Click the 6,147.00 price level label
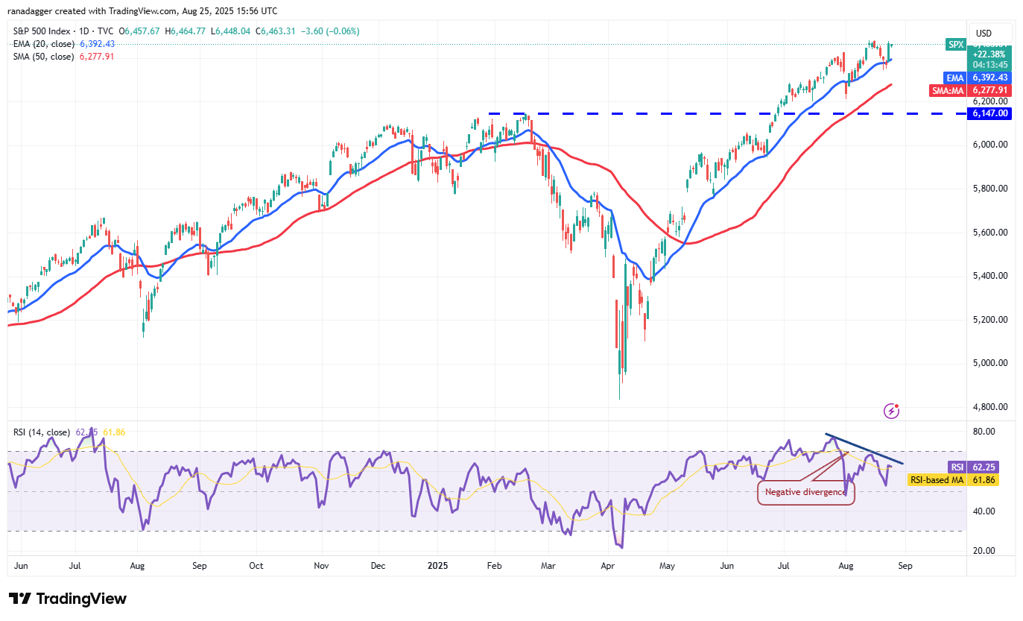tap(989, 113)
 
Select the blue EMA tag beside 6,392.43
tap(955, 77)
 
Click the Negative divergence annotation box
tap(806, 492)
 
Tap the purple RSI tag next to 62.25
tap(957, 467)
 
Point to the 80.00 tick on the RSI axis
tap(985, 432)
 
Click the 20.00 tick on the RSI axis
tap(985, 551)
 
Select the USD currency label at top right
tap(984, 33)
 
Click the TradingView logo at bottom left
tap(68, 599)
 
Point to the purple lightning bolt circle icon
tap(891, 411)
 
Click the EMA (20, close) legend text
tap(42, 43)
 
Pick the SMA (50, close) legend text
tap(42, 56)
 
